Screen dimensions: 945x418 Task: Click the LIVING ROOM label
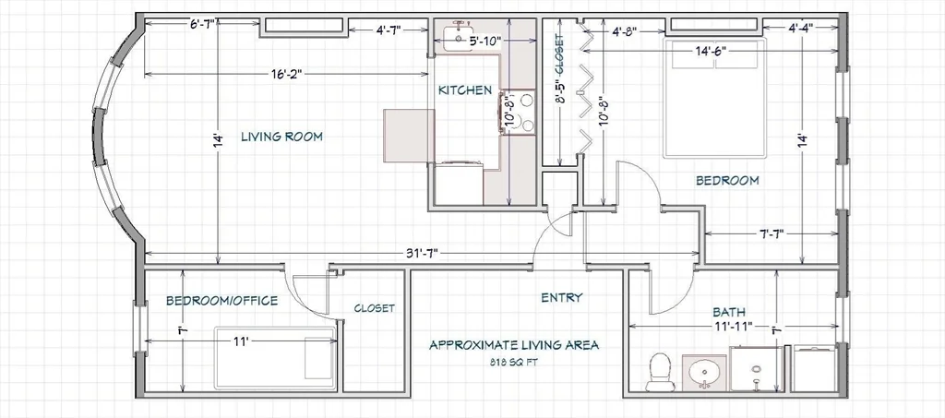(x=281, y=137)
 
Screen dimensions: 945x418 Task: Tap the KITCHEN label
(x=465, y=90)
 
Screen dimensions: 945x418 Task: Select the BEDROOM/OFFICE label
(x=221, y=300)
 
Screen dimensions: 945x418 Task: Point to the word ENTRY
(x=562, y=297)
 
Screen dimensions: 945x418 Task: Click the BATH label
(x=729, y=312)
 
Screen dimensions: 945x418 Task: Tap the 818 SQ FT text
(x=514, y=363)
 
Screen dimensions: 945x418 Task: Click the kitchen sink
(x=462, y=36)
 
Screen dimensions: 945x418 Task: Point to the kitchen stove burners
(x=518, y=112)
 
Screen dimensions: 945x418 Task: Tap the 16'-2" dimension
(x=286, y=74)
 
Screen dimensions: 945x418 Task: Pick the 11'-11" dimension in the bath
(x=732, y=327)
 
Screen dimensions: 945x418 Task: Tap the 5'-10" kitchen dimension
(x=484, y=41)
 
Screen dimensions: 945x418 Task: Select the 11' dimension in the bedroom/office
(x=241, y=341)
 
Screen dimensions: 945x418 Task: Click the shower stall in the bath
(x=757, y=368)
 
